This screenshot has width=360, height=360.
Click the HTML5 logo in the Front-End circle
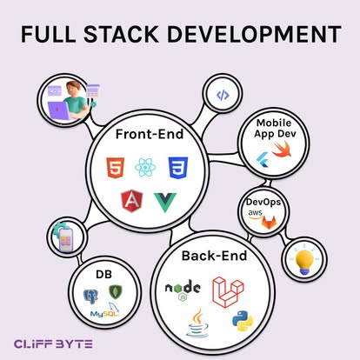point(115,168)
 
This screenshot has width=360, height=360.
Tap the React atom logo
point(145,168)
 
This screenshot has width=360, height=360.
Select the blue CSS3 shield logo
point(178,168)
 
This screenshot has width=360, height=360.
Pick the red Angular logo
point(132,201)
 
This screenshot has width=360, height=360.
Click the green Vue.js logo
point(165,202)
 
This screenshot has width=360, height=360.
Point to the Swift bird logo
point(282,149)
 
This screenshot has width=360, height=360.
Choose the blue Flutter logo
point(263,160)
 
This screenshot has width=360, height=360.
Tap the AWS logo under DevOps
point(255,214)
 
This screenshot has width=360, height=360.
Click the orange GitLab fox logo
point(269,223)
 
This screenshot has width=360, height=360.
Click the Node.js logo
point(183,290)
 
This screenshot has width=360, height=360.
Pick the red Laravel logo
point(228,292)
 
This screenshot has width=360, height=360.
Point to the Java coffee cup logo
point(197,323)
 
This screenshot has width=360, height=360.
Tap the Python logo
point(243,321)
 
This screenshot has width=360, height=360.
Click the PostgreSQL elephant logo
point(90,297)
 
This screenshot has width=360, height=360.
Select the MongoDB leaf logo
point(116,292)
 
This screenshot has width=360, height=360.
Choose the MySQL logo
point(105,310)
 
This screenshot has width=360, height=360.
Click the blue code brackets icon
point(223,95)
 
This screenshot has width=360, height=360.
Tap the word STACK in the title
point(121,34)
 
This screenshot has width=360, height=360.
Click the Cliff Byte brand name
point(53,344)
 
